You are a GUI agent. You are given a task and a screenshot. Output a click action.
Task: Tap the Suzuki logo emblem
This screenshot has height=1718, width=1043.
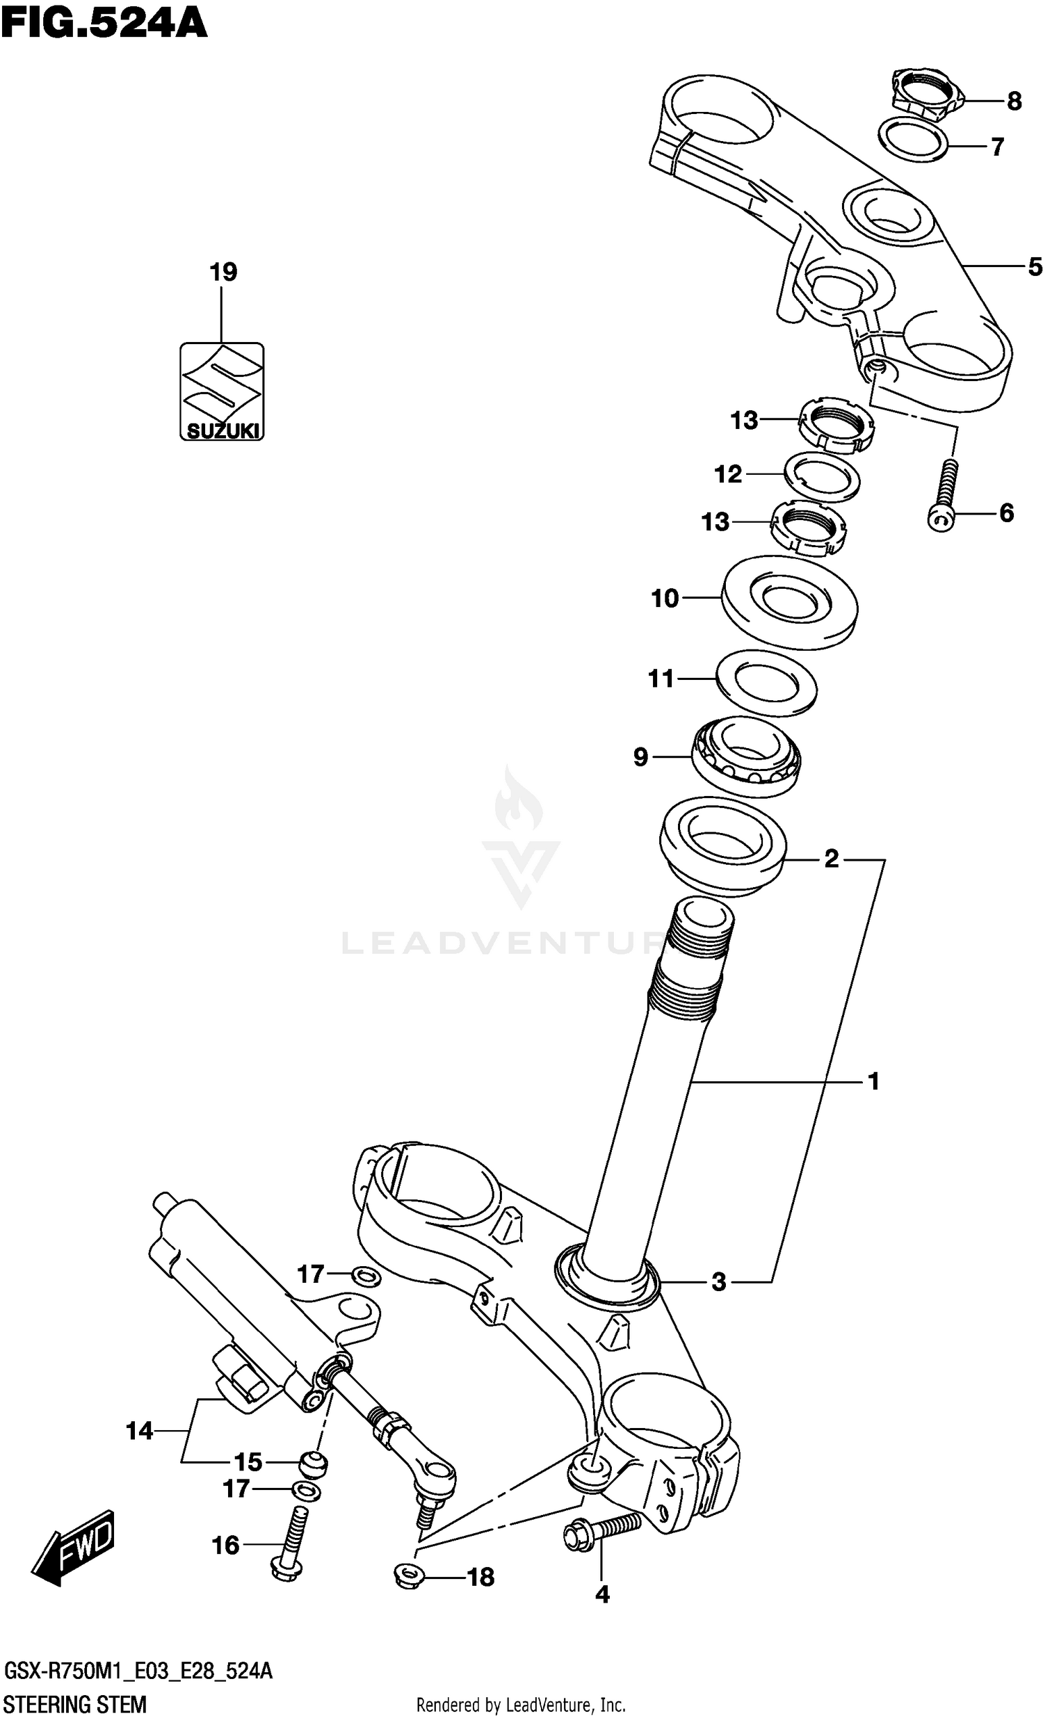[x=222, y=391]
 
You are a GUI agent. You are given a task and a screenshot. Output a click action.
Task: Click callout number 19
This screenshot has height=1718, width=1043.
[x=224, y=272]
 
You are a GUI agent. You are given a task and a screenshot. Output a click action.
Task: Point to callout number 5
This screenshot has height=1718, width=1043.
[x=1035, y=266]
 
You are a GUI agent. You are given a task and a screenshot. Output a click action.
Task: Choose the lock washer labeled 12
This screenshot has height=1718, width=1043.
[x=822, y=476]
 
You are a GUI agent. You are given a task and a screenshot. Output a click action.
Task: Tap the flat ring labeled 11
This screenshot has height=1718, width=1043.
[x=766, y=683]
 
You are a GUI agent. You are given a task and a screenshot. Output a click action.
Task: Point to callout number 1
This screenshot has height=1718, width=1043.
[x=873, y=1081]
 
